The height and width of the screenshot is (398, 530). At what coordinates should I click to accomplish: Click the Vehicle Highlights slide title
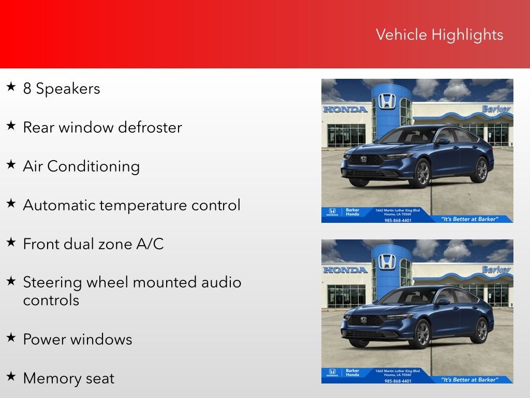pyautogui.click(x=439, y=35)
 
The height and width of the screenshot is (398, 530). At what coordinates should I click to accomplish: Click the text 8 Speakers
pyautogui.click(x=61, y=89)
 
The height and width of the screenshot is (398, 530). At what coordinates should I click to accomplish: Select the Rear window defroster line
pyautogui.click(x=102, y=127)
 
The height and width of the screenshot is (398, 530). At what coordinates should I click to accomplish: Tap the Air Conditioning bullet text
pyautogui.click(x=81, y=166)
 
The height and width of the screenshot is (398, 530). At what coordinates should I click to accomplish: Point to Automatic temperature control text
pyautogui.click(x=131, y=205)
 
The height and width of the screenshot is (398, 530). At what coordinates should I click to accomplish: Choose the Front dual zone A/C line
pyautogui.click(x=93, y=244)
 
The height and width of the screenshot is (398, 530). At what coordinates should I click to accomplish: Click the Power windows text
pyautogui.click(x=77, y=339)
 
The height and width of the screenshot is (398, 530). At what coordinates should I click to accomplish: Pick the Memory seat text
pyautogui.click(x=68, y=378)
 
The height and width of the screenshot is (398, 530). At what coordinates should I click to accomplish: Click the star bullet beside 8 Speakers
pyautogui.click(x=11, y=87)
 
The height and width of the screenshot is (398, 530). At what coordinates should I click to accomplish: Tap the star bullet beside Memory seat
pyautogui.click(x=11, y=377)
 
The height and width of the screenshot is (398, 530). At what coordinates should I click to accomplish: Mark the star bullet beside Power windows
pyautogui.click(x=11, y=338)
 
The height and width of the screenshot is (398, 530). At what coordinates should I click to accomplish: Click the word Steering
pyautogui.click(x=52, y=283)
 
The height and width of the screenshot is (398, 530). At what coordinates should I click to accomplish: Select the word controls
pyautogui.click(x=51, y=301)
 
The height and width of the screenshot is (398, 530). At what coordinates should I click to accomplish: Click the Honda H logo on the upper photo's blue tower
pyautogui.click(x=387, y=101)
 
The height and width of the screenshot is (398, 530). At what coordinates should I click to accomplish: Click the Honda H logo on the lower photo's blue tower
pyautogui.click(x=387, y=261)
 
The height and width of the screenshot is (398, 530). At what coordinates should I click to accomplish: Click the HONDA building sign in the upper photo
pyautogui.click(x=345, y=109)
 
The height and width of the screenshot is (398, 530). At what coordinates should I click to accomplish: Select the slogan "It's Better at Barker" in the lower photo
pyautogui.click(x=469, y=380)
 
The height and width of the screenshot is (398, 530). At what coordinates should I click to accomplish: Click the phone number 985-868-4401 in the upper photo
pyautogui.click(x=398, y=220)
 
